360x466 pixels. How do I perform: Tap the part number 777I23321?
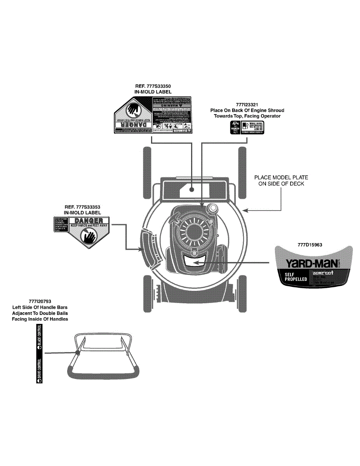pyautogui.click(x=247, y=104)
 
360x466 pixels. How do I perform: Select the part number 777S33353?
pyautogui.click(x=87, y=207)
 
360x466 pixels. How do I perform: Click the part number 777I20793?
pyautogui.click(x=40, y=301)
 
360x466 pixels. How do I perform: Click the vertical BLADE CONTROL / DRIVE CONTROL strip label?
pyautogui.click(x=39, y=353)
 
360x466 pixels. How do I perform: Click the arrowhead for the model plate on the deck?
pyautogui.click(x=244, y=210)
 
